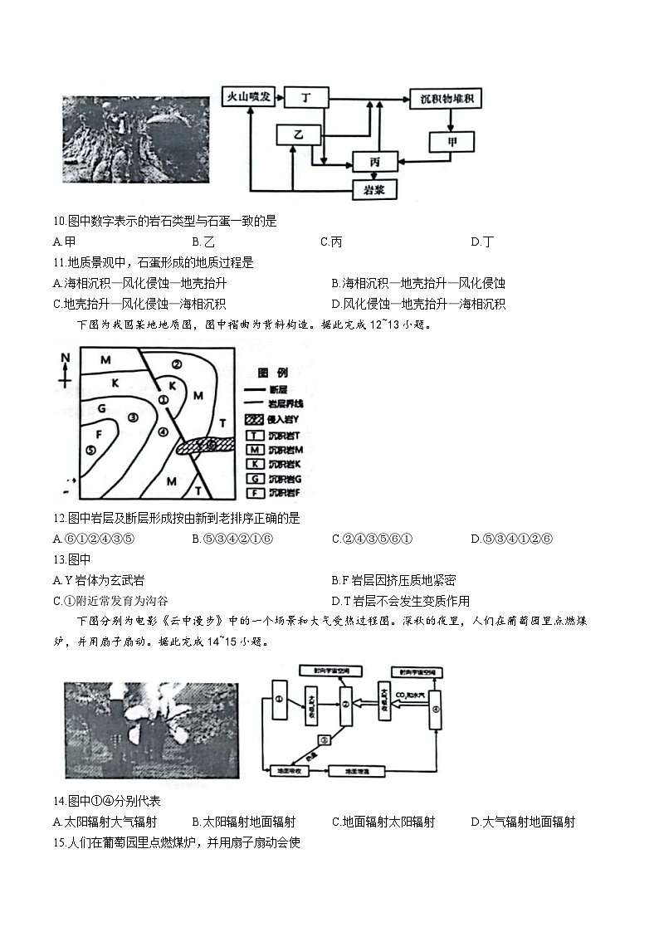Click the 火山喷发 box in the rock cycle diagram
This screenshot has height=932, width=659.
249,97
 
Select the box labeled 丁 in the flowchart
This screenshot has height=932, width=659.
305,97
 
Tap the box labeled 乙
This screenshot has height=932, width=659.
298,134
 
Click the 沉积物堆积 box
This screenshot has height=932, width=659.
446,99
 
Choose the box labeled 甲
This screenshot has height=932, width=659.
452,141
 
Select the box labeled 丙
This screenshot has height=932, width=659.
375,162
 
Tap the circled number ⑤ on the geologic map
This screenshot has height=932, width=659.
90,450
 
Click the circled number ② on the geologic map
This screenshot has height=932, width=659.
176,364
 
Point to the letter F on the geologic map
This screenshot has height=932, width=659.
99,433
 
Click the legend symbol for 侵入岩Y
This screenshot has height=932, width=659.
254,420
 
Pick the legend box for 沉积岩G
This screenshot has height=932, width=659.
254,479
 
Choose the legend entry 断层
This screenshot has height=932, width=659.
254,389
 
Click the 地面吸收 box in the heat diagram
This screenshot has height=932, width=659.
290,771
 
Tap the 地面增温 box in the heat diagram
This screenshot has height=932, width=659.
348,771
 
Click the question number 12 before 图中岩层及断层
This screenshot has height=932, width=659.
58,519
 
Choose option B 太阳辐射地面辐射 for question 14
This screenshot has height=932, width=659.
243,822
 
